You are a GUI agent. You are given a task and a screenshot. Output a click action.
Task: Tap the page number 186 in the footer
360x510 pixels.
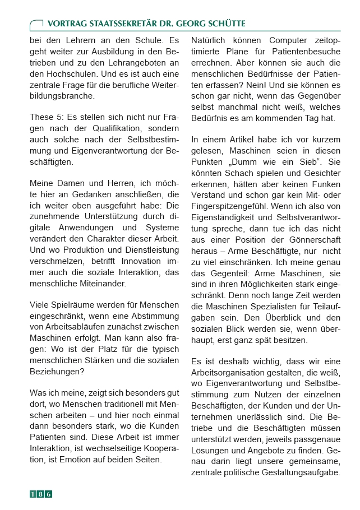[41, 494]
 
